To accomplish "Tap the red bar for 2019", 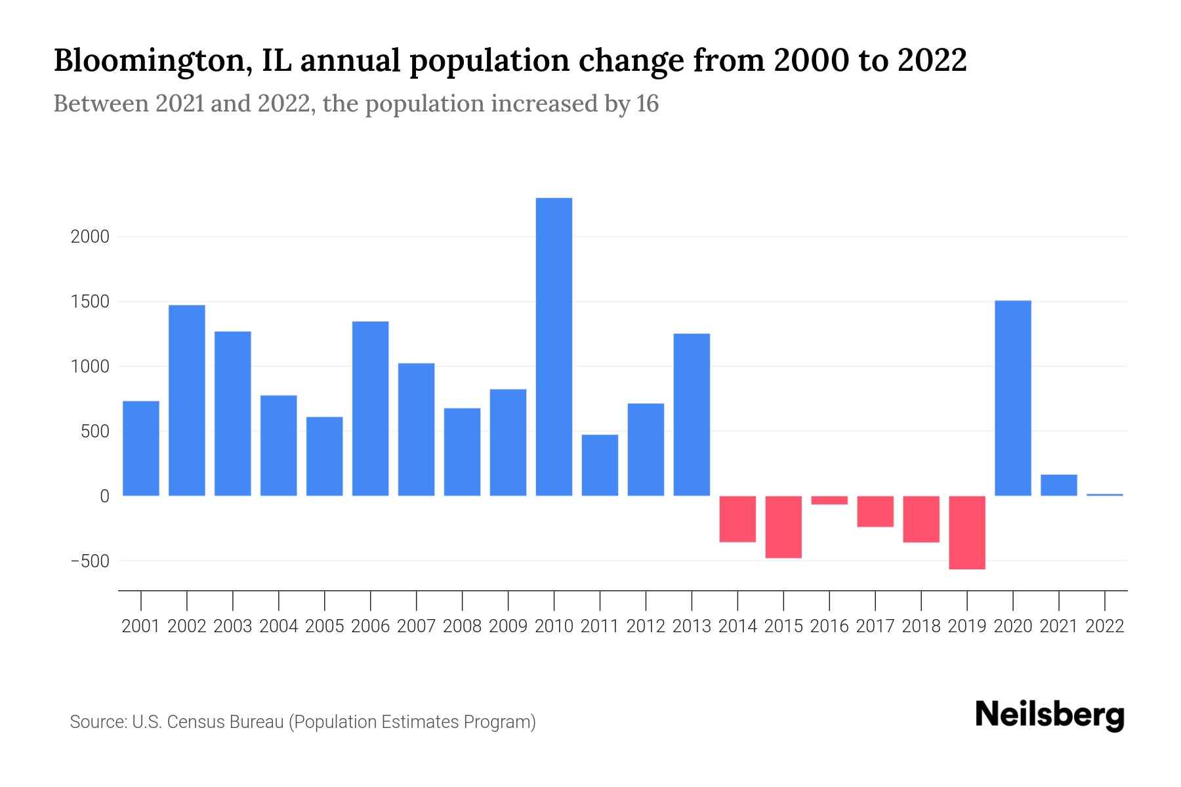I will [x=967, y=532].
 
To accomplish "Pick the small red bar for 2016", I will [x=829, y=500].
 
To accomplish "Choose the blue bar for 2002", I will [x=187, y=400].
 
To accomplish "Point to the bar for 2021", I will [x=1059, y=485].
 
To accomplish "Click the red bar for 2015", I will [x=783, y=527].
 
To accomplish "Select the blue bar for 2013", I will [x=692, y=414].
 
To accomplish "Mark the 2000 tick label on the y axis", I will [x=90, y=237].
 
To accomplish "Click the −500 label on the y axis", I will [x=90, y=561].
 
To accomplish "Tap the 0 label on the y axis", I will [x=104, y=496].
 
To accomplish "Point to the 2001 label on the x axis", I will [x=141, y=626].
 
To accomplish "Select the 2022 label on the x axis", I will [x=1105, y=626].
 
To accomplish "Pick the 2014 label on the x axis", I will [x=737, y=626].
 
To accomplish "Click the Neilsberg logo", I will [x=1050, y=715].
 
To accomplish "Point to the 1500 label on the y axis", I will [x=90, y=302].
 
